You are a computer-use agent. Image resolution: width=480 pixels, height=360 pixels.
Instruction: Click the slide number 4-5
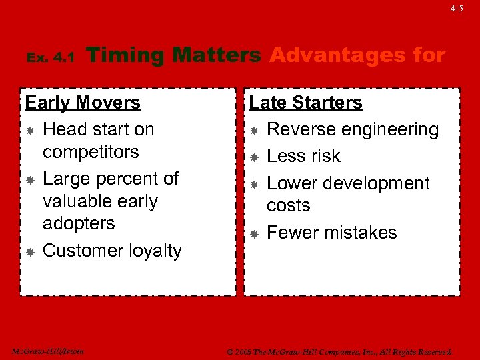click(456, 9)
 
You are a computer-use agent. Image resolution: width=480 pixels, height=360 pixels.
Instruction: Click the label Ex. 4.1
click(51, 59)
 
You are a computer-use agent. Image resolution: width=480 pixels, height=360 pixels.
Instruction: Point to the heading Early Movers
click(83, 103)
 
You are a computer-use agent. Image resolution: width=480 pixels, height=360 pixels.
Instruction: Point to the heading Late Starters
click(305, 103)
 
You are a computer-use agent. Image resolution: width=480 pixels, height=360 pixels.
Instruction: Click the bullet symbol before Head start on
click(30, 130)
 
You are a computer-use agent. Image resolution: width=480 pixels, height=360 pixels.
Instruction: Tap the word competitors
click(91, 152)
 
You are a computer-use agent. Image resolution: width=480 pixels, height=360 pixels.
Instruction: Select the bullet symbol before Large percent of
click(30, 179)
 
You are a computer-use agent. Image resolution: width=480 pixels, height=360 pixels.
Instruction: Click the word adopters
click(79, 223)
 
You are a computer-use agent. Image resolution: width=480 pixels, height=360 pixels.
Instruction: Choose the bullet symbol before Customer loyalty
click(30, 251)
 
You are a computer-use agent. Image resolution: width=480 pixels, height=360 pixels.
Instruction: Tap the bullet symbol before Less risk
click(254, 157)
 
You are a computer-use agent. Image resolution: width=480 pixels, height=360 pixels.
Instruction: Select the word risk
click(324, 156)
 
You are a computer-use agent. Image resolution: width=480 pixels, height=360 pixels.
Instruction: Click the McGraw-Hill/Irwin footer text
click(48, 351)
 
